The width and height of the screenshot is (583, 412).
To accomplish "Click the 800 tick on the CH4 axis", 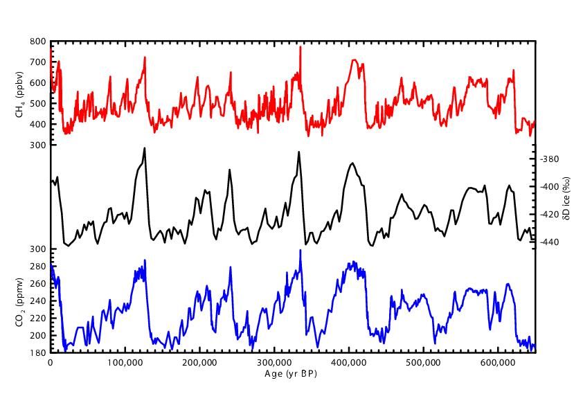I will coord(37,42).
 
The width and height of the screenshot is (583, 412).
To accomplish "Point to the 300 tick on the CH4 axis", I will coord(37,145).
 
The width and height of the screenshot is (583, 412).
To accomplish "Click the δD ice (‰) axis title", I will coord(566,199).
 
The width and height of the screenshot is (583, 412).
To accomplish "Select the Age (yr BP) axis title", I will coord(291,375).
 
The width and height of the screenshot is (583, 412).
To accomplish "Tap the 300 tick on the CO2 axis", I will coord(37,249).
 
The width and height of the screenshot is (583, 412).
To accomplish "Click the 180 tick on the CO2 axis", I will coord(37,352).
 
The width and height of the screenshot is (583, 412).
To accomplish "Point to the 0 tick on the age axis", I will coord(51,362).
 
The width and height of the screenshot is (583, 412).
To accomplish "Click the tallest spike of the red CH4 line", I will coord(300,47).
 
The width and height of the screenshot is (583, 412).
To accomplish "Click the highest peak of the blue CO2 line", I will coord(301,250).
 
